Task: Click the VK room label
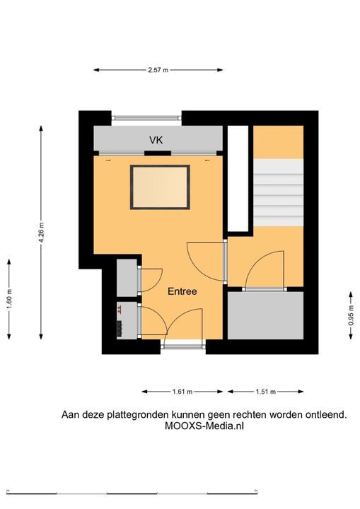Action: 156,140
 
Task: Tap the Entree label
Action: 182,291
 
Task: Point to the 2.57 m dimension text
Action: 158,70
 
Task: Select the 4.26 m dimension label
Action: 41,233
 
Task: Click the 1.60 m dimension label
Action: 8,299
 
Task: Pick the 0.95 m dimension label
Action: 351,315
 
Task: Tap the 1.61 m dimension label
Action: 182,392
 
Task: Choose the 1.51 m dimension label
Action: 266,392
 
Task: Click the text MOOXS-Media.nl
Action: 204,426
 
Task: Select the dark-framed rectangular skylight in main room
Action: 160,187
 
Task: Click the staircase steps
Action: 278,192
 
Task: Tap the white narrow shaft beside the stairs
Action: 238,179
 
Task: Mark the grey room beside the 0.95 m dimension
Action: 265,315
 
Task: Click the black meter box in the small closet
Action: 120,329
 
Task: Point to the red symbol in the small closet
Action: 120,310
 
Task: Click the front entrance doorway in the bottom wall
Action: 183,344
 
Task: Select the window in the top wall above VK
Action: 146,119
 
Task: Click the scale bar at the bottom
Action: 132,493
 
